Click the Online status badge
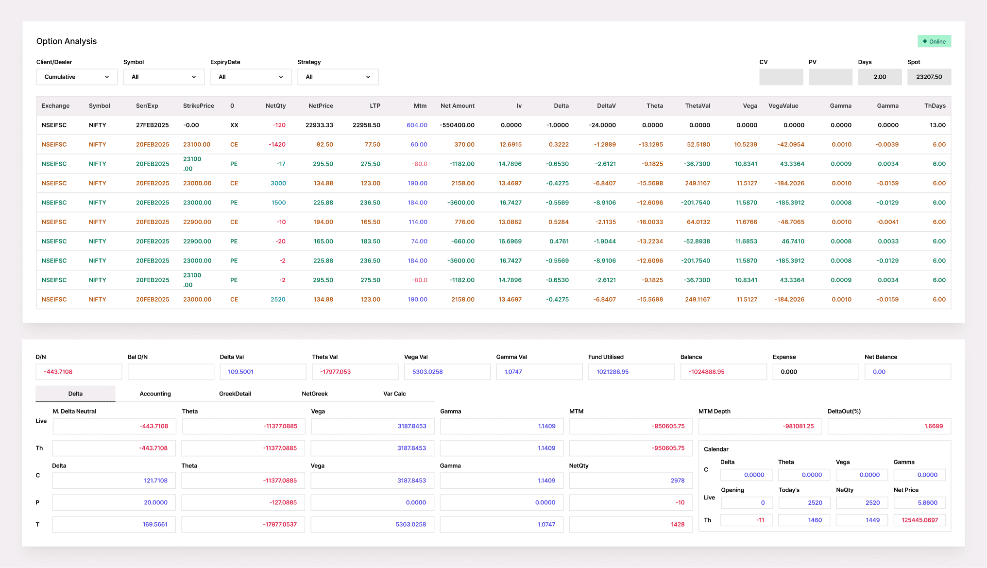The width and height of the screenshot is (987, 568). click(x=934, y=41)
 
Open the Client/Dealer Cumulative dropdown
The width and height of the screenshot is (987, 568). click(x=77, y=77)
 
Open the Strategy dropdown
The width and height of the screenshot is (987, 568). click(x=338, y=77)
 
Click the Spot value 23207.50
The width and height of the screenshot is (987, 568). click(x=929, y=77)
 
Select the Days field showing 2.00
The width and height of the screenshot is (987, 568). click(x=880, y=77)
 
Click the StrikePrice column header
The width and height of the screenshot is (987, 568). click(x=199, y=106)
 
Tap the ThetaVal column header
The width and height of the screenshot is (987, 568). click(x=698, y=106)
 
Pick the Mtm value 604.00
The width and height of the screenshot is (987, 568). click(x=417, y=125)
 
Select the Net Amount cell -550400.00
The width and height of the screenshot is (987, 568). click(x=457, y=125)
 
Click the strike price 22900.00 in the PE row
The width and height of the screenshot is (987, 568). click(x=197, y=241)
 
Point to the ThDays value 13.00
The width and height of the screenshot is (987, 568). click(x=937, y=125)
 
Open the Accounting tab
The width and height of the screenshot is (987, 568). click(x=155, y=394)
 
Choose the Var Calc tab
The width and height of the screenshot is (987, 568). click(x=394, y=394)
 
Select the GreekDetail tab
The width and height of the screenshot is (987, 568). click(x=235, y=394)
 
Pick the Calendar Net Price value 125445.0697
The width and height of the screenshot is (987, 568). click(x=919, y=520)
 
